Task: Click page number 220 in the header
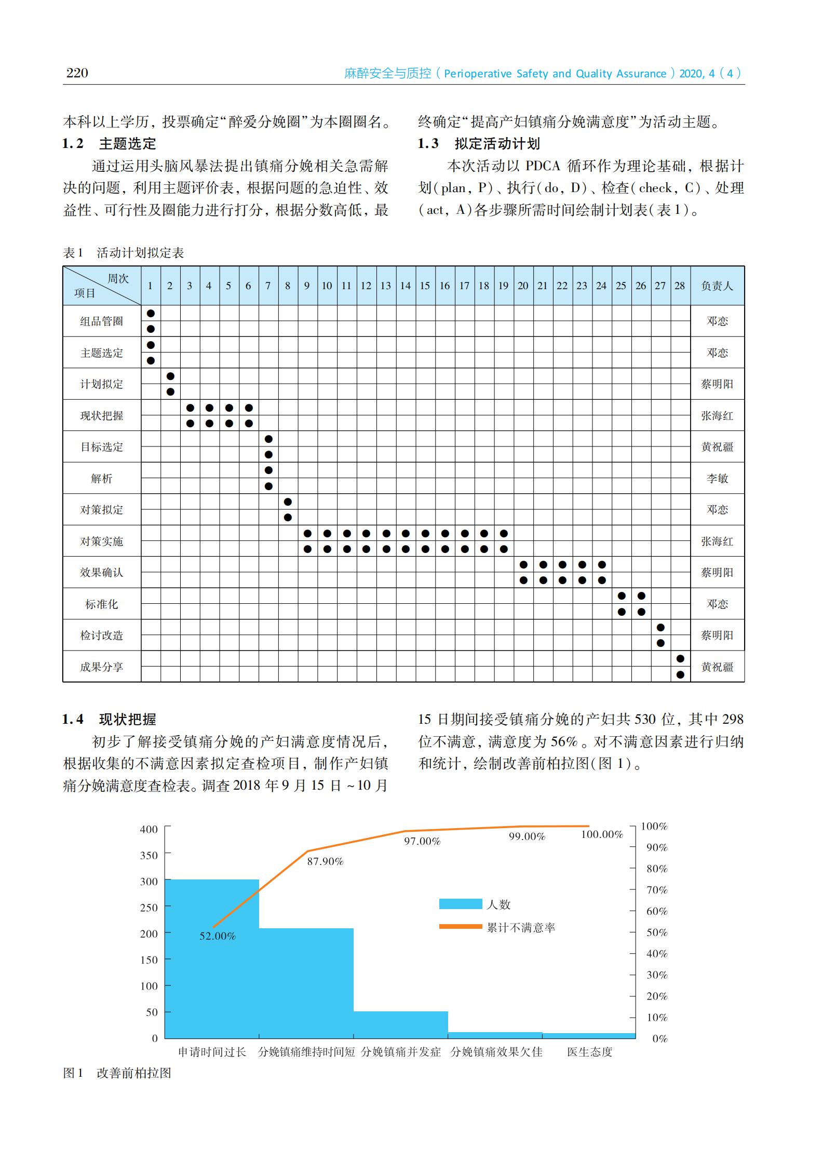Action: coord(77,73)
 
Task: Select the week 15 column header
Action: coord(425,286)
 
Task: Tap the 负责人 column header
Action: coord(717,286)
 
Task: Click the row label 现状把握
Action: coord(102,415)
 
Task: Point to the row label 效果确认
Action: coord(102,572)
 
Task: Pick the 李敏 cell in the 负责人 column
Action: coord(717,478)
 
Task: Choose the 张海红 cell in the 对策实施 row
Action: coord(717,541)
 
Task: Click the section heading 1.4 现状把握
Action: coord(109,719)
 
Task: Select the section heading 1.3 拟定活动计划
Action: coord(479,143)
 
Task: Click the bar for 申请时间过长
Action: coord(212,960)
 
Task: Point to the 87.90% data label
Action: coord(325,861)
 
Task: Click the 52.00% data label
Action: coord(218,936)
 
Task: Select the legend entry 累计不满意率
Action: coord(521,927)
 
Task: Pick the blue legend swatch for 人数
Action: coord(460,904)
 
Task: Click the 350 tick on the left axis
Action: coord(149,855)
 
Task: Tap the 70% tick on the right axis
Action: coord(656,890)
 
